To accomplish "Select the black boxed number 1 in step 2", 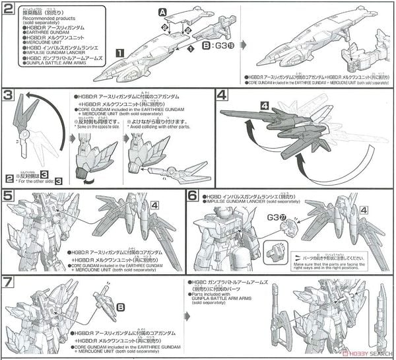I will coord(119,52).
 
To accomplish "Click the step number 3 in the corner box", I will coord(7,96).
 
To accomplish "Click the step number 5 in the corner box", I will coord(7,196).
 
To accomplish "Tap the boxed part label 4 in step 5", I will coord(154,205).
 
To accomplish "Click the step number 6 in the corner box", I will coord(192,196).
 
